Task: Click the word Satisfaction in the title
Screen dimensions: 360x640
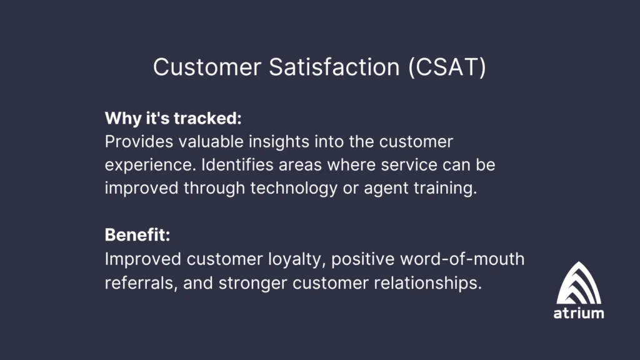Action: pos(335,67)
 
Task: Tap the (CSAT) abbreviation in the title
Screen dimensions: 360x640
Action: pos(447,67)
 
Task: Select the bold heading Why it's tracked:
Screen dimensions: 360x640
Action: pos(173,118)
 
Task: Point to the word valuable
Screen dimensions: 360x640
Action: pos(212,142)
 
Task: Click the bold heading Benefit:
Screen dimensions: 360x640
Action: pos(137,236)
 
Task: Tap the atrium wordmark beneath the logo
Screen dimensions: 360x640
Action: pos(579,313)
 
